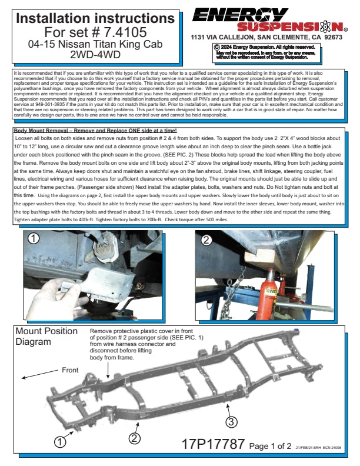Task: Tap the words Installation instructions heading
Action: tap(95, 18)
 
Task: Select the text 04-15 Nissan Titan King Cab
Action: tap(95, 44)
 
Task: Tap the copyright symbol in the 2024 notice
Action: tap(217, 46)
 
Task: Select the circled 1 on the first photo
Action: tap(34, 239)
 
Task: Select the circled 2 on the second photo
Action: tap(206, 239)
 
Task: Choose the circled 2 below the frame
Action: tap(135, 438)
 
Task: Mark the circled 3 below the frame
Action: tap(232, 421)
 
